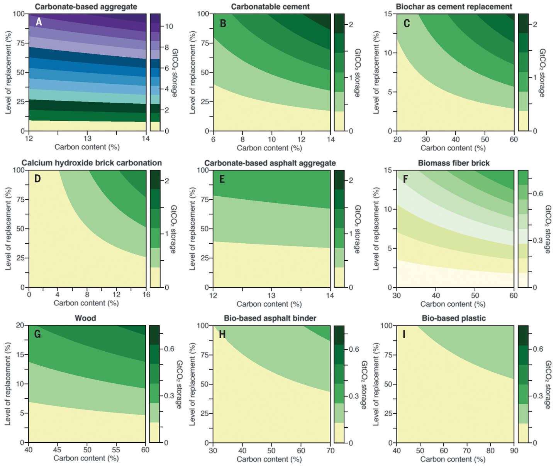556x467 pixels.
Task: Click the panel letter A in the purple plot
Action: [39, 22]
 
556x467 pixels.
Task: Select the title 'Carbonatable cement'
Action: [270, 7]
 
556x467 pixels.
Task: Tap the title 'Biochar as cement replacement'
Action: [454, 7]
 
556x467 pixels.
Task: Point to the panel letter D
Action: [37, 179]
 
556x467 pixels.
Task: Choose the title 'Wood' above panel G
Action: [85, 318]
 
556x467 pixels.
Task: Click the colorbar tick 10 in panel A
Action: [169, 27]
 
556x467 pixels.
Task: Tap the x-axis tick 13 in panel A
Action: [88, 138]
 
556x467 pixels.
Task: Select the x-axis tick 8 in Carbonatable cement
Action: [242, 139]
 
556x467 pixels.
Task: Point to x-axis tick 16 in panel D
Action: [146, 295]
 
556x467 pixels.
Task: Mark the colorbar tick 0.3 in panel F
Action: [538, 240]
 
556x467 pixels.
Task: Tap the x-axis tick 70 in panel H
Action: [330, 450]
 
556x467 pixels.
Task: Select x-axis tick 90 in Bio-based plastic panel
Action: [514, 450]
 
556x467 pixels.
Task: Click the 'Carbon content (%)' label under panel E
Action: [269, 304]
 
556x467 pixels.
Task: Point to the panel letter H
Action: [222, 334]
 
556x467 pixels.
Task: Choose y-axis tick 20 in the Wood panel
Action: [20, 325]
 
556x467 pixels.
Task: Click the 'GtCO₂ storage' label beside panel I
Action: [548, 384]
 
